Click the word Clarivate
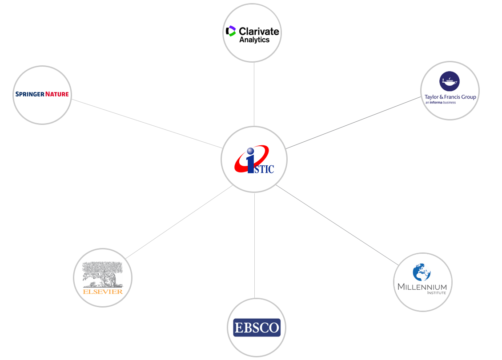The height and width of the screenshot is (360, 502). click(259, 32)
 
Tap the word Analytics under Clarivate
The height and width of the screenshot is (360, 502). click(254, 40)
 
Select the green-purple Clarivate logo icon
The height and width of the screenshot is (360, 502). click(230, 31)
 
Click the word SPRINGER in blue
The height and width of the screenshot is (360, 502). click(30, 94)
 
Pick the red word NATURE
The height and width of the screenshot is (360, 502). click(57, 94)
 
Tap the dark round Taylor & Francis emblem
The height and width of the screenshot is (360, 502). click(450, 81)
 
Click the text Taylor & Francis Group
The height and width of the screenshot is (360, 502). click(450, 96)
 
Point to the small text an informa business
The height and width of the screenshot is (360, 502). click(441, 102)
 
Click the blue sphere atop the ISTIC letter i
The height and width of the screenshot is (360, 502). click(250, 151)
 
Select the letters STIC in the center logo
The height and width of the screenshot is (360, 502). click(264, 169)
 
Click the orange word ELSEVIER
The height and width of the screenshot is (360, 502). click(103, 292)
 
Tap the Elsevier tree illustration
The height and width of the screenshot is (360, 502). click(103, 275)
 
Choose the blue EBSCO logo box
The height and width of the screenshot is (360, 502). click(257, 328)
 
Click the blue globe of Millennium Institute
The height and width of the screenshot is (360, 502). click(422, 272)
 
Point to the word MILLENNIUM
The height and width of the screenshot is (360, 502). click(422, 287)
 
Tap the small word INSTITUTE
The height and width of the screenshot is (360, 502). click(436, 293)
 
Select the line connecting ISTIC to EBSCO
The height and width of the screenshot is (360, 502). click(254, 245)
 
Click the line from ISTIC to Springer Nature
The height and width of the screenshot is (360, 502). click(147, 124)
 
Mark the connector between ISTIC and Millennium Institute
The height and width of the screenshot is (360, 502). click(337, 225)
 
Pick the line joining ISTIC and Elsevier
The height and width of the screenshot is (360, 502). click(179, 222)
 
